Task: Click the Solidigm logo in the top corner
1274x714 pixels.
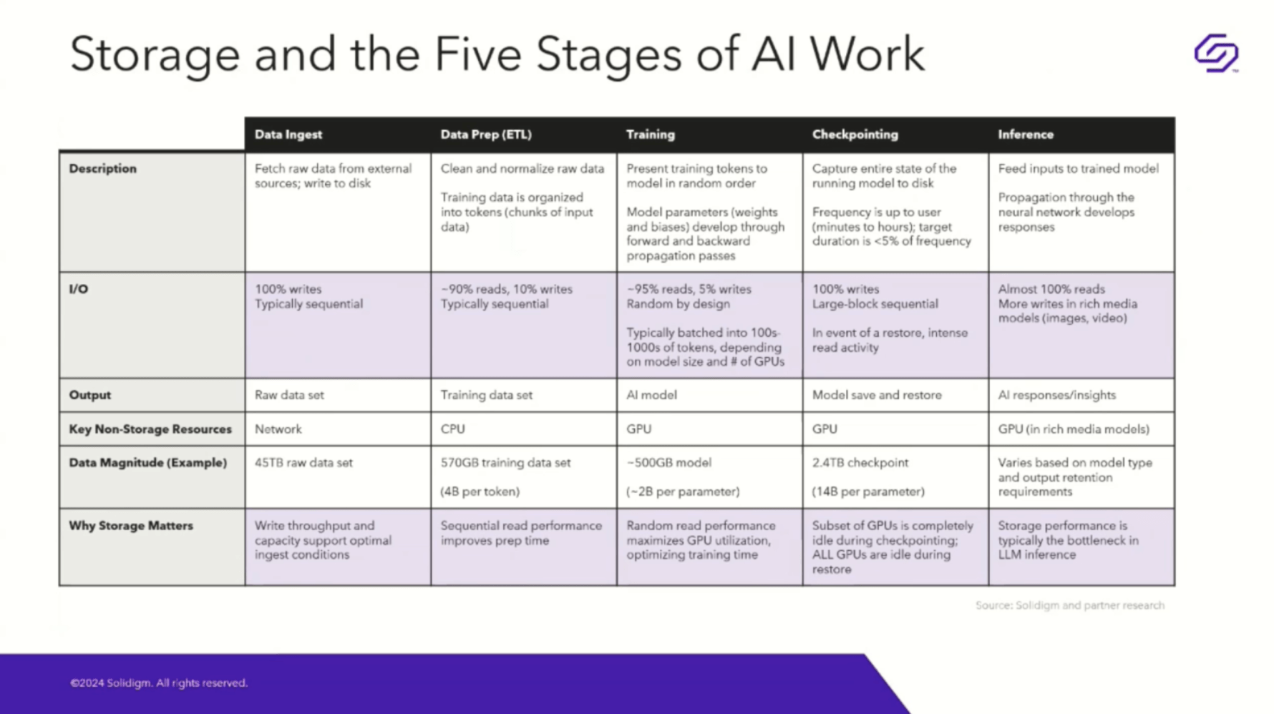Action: point(1216,53)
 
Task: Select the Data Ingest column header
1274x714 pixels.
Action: point(288,135)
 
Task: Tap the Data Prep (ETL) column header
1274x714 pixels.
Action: point(486,135)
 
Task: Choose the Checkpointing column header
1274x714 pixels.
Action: point(855,135)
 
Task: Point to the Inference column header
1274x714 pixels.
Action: point(1026,135)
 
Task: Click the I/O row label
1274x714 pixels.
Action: point(79,289)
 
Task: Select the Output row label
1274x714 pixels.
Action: point(90,395)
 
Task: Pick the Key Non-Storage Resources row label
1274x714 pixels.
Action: point(150,429)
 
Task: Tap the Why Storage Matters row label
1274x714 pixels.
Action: point(131,526)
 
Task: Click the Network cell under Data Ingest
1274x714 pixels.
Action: point(278,429)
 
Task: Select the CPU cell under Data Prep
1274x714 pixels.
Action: point(452,429)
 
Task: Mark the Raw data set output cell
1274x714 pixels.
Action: point(289,395)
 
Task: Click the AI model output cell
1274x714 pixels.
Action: point(651,395)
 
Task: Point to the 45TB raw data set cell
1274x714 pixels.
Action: point(303,463)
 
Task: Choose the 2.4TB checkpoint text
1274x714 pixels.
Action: point(860,463)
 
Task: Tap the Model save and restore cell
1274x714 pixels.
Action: point(877,395)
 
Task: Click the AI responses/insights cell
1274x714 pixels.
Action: point(1056,395)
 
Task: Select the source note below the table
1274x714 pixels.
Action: point(1069,605)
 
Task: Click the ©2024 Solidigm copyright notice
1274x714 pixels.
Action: point(159,683)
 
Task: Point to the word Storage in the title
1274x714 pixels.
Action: point(155,56)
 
